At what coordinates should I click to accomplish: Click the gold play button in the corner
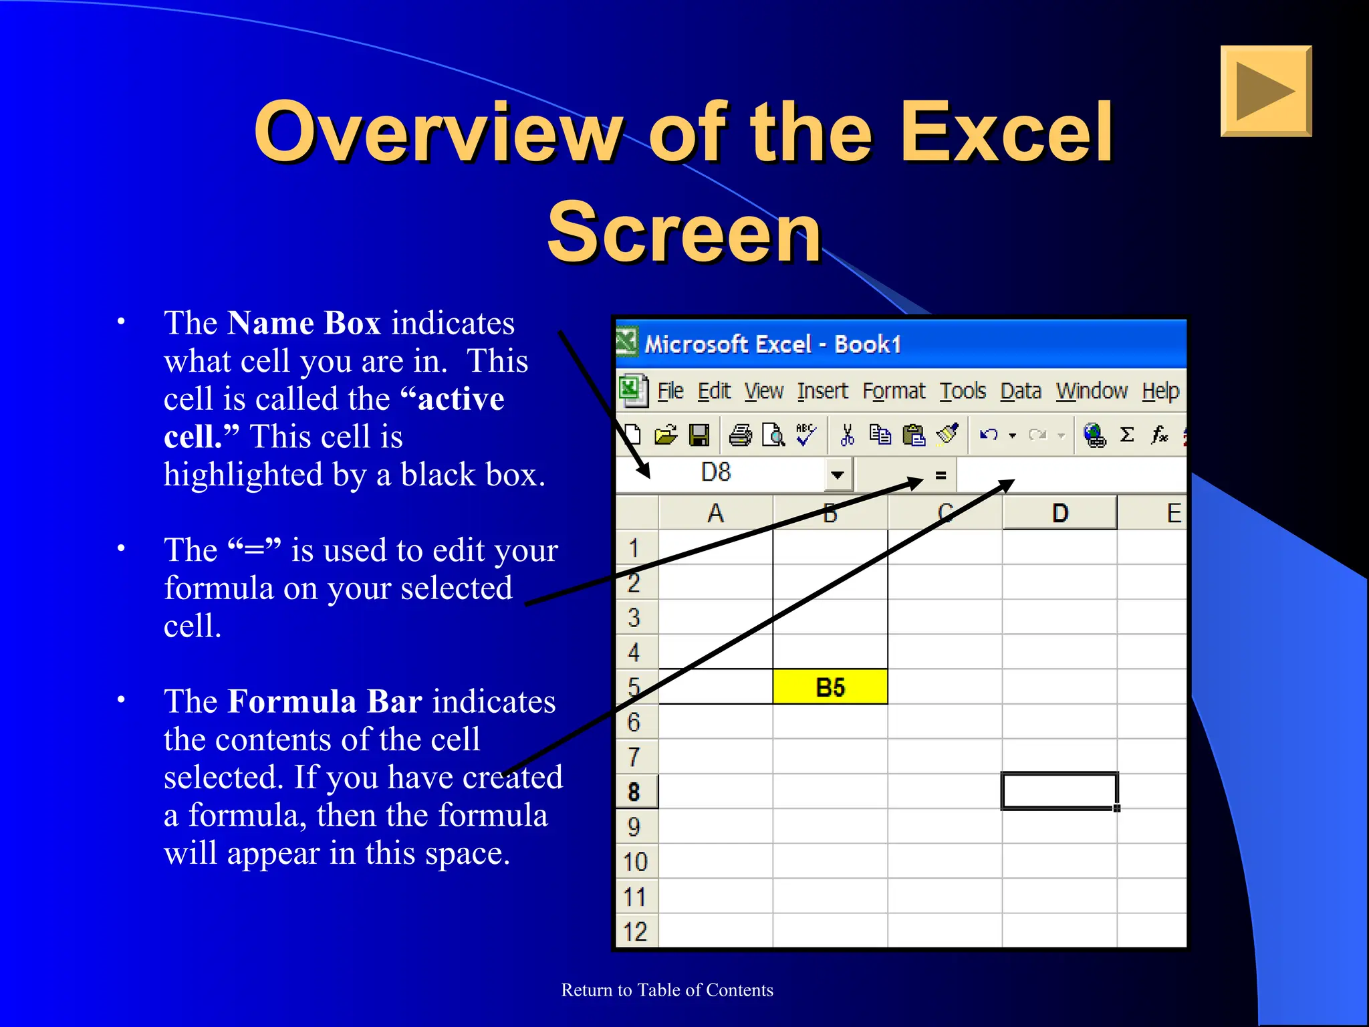(1265, 91)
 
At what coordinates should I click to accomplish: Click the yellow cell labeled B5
(830, 687)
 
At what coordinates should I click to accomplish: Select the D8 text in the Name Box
(715, 473)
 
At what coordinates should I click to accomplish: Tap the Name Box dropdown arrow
(837, 475)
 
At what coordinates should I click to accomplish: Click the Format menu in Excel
(894, 390)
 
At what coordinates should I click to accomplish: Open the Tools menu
(963, 390)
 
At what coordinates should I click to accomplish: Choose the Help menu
(1160, 390)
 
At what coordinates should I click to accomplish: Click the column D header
(1060, 513)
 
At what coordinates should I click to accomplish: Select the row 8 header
(634, 792)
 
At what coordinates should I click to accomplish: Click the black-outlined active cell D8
(1059, 791)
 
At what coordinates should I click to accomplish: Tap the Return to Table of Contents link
(667, 990)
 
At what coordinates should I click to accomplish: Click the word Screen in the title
(684, 233)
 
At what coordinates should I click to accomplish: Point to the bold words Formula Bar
(325, 701)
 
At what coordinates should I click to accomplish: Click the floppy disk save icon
(699, 435)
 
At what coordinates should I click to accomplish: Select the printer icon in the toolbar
(740, 435)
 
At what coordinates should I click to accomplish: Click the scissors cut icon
(847, 435)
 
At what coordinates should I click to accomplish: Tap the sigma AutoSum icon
(1127, 435)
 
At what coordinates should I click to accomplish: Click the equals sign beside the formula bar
(941, 475)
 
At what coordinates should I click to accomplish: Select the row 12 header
(635, 931)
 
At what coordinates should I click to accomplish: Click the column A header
(715, 513)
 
